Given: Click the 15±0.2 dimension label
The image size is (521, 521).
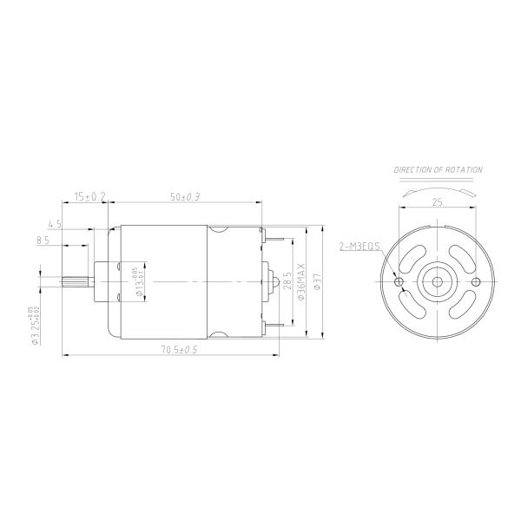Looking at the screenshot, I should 89,198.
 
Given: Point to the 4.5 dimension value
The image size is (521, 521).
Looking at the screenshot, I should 54,224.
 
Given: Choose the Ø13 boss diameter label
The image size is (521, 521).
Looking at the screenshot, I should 138,282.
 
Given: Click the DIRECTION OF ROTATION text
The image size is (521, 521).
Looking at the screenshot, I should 439,170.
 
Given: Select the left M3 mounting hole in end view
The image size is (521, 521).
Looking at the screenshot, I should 399,282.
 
